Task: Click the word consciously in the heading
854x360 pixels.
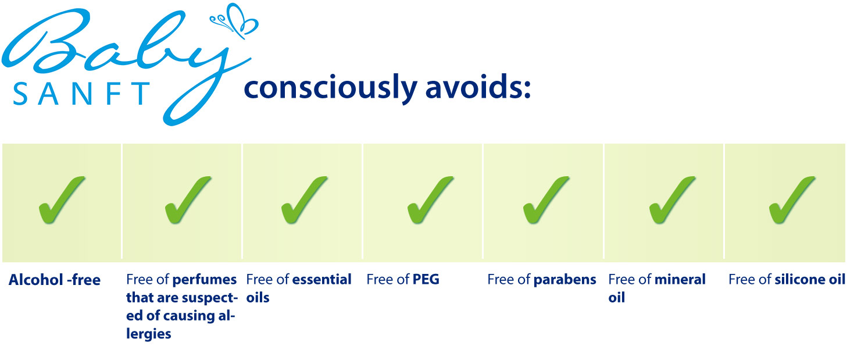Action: click(x=330, y=88)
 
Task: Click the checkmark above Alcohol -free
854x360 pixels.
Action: click(x=61, y=200)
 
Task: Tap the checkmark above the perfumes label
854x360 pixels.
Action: click(x=188, y=200)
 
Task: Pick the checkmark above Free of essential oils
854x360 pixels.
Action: click(x=304, y=200)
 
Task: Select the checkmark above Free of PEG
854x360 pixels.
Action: click(x=430, y=200)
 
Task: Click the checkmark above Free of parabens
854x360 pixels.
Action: click(x=546, y=200)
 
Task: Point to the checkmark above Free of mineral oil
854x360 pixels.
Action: click(x=672, y=200)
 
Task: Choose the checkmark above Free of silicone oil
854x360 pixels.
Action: click(x=792, y=200)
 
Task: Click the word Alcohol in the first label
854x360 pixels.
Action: click(x=36, y=280)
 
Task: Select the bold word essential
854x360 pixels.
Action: click(x=322, y=280)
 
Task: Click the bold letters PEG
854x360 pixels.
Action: click(x=426, y=280)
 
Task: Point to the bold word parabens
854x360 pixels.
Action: click(x=565, y=280)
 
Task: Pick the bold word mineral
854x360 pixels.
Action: click(x=681, y=280)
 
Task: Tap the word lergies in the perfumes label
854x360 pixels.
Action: click(x=149, y=334)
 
